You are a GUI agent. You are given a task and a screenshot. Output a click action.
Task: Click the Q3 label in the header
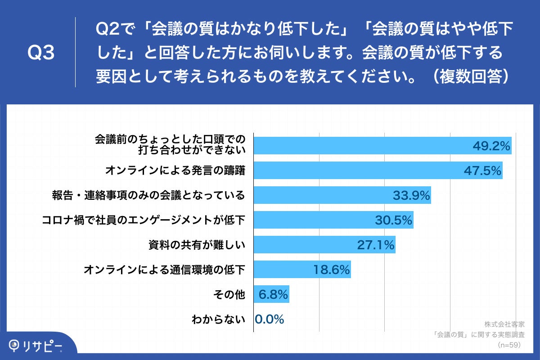pyautogui.click(x=41, y=53)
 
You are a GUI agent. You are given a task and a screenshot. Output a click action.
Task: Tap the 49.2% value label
pyautogui.click(x=491, y=146)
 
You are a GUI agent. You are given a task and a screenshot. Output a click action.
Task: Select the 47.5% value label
pyautogui.click(x=482, y=171)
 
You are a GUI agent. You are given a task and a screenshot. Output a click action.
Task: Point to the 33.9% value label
pyautogui.click(x=411, y=195)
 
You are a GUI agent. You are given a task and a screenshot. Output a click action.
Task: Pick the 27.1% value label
pyautogui.click(x=376, y=245)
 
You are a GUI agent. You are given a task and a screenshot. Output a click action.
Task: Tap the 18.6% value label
pyautogui.click(x=331, y=270)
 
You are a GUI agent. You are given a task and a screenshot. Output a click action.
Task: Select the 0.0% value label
pyautogui.click(x=270, y=319)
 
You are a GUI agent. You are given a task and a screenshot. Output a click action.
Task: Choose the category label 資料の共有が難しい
pyautogui.click(x=196, y=245)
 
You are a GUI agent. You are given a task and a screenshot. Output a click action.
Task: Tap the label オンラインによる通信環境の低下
pyautogui.click(x=164, y=270)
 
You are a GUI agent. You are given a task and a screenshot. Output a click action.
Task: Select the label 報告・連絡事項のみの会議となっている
pyautogui.click(x=148, y=195)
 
